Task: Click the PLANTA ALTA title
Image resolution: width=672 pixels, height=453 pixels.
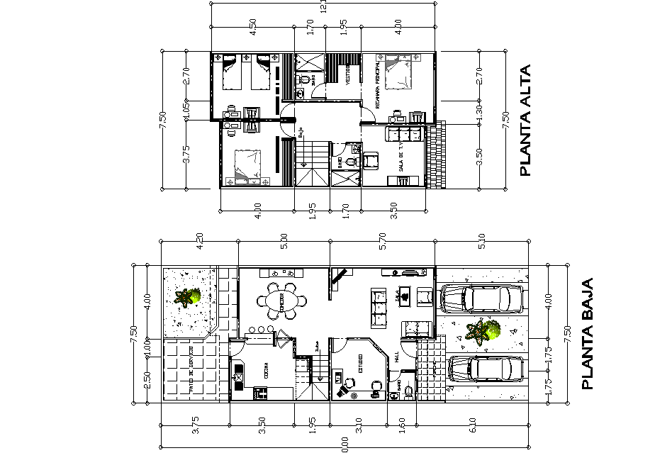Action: [x=526, y=121]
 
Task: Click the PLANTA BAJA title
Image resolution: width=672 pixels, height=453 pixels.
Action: [x=587, y=333]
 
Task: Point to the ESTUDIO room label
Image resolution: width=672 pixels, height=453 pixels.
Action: [x=359, y=363]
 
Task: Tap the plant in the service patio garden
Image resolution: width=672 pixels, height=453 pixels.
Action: [x=189, y=297]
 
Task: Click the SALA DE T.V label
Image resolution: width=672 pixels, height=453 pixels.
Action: [x=401, y=163]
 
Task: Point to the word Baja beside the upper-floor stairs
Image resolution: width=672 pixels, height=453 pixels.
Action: [x=301, y=132]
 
